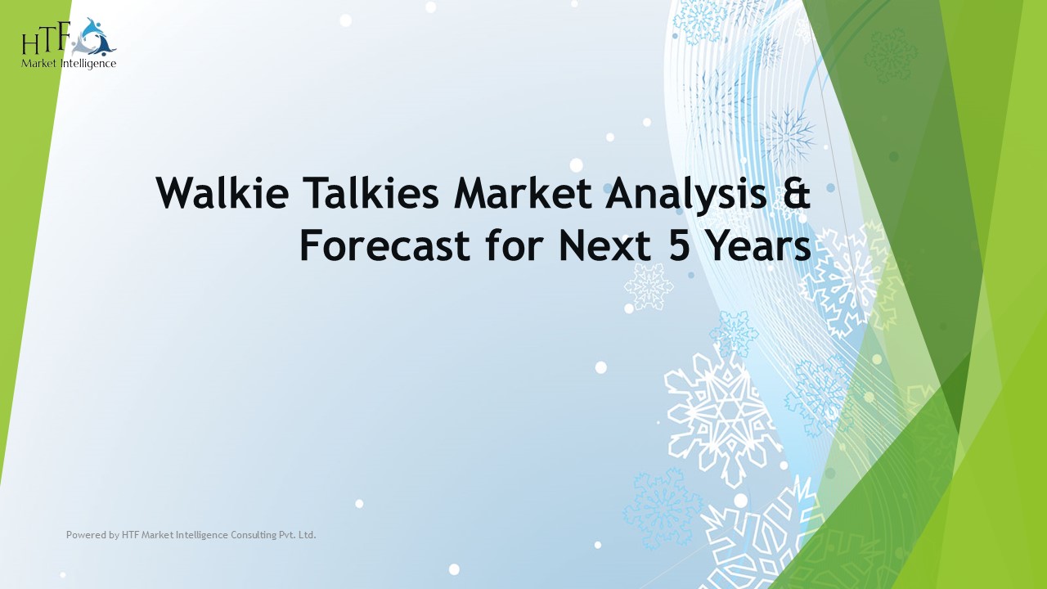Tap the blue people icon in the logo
(x=96, y=37)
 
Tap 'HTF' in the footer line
(x=130, y=535)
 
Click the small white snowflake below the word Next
(x=648, y=286)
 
